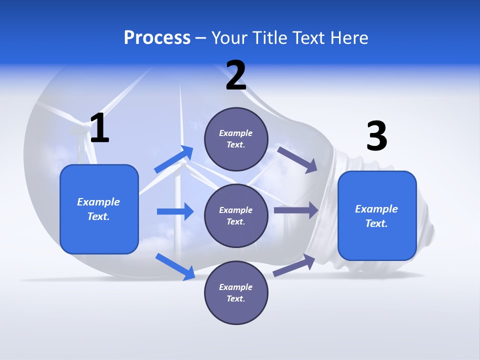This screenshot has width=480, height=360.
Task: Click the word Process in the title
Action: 157,38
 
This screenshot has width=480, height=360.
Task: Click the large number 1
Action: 99,128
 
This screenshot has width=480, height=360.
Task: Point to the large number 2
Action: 236,76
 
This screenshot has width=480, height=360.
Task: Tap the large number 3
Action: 376,136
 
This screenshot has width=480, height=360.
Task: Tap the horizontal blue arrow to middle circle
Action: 175,211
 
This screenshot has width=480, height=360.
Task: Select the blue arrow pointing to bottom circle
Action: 175,266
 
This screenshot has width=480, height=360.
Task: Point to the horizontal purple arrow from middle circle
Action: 296,210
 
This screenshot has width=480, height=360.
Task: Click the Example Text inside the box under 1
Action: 98,209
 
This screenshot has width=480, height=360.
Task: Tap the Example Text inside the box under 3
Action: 376,216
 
